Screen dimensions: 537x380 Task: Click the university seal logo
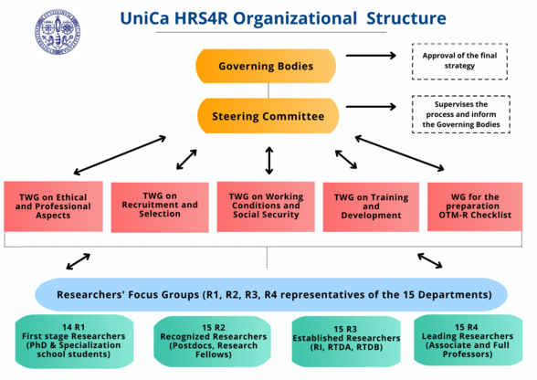click(58, 32)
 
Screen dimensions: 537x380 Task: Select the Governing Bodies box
click(266, 66)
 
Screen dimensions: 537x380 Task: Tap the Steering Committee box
click(268, 116)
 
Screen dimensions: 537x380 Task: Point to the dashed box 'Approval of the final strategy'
click(459, 61)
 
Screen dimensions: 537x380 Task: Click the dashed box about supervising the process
click(461, 114)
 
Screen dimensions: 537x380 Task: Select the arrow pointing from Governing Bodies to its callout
click(371, 56)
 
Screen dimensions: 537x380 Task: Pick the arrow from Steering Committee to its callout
click(371, 107)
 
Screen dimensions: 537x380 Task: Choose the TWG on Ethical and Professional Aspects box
click(53, 206)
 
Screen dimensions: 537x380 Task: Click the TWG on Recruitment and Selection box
click(160, 207)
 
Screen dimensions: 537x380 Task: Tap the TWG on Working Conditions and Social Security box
click(266, 206)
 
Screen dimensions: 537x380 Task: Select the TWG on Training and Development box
click(371, 207)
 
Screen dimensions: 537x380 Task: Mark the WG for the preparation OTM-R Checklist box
click(475, 206)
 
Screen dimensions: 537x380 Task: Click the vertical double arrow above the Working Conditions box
click(269, 161)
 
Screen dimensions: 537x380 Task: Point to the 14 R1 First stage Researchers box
click(74, 342)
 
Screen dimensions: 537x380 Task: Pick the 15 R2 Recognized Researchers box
click(213, 342)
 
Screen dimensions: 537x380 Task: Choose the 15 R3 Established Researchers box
click(346, 342)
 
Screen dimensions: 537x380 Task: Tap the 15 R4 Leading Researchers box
click(468, 341)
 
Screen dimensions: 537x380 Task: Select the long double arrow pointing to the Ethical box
click(120, 155)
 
